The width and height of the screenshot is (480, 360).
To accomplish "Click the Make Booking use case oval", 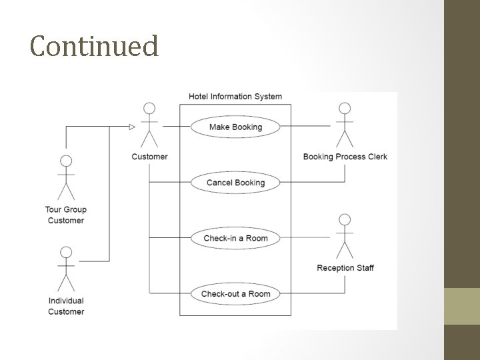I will point(235,127).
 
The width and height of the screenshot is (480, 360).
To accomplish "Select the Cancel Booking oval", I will point(235,183).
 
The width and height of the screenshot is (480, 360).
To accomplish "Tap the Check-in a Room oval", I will point(235,238).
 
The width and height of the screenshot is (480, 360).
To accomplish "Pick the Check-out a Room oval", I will point(235,294).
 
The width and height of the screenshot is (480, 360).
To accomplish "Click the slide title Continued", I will point(94,46).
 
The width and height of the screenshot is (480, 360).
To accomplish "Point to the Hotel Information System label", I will point(235,97).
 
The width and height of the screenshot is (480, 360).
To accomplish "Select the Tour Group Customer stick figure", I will point(66,178).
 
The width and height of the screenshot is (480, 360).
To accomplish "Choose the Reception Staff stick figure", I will point(345,236).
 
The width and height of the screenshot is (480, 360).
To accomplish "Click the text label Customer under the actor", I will point(149,157).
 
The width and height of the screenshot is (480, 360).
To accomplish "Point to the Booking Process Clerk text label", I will point(345,157).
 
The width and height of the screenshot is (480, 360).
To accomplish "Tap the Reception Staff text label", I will point(345,268).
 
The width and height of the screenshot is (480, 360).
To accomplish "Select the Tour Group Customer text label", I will point(66,215).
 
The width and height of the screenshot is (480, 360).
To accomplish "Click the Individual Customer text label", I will point(66,306).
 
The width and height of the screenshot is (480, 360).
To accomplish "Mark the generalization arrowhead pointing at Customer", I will point(131,126).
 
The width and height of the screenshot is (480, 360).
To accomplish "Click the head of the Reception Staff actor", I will point(345,219).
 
